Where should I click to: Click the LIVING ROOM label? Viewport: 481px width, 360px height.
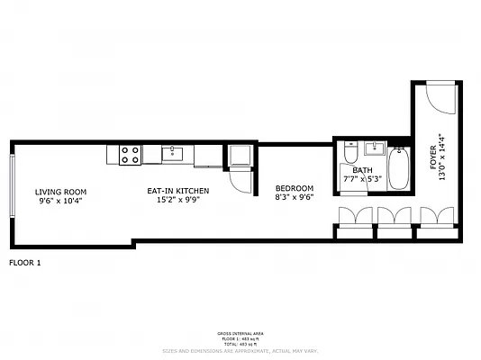[x=60, y=192]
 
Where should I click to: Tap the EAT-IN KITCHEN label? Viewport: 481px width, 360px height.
[x=178, y=192]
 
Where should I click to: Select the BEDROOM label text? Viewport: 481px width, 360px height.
[x=295, y=188]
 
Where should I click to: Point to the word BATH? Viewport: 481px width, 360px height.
[x=362, y=169]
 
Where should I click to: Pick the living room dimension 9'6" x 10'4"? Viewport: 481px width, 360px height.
[x=60, y=201]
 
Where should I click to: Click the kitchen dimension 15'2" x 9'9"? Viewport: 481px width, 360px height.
[x=178, y=201]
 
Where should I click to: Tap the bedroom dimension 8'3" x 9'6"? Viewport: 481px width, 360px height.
[x=295, y=197]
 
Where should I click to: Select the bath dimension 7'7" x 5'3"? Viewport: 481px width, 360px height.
[x=363, y=178]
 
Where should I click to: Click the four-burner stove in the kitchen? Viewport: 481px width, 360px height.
[x=130, y=155]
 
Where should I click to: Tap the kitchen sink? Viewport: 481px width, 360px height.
[x=174, y=154]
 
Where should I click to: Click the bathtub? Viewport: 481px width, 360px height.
[x=399, y=168]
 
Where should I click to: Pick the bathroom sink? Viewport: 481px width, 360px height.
[x=376, y=149]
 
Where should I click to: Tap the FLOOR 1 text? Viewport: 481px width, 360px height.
[x=24, y=263]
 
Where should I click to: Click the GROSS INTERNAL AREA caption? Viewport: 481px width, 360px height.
[x=240, y=332]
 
